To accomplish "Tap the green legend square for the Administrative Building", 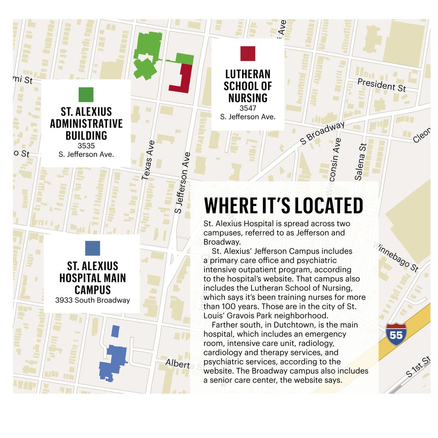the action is [x=86, y=95].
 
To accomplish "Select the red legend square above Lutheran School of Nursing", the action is [x=248, y=53].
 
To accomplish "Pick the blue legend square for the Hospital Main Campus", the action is [x=92, y=248].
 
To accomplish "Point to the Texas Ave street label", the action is [x=148, y=160].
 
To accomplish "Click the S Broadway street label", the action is [x=322, y=133].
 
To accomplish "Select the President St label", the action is [x=382, y=85].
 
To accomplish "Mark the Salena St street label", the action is [x=360, y=162].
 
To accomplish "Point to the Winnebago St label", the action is [x=396, y=258].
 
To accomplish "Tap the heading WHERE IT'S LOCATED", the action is [x=284, y=206].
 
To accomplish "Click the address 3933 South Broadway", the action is [x=92, y=300].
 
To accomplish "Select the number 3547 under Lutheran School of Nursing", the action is [x=248, y=108].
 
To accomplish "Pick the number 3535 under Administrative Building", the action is [x=86, y=146].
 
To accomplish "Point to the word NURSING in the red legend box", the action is [x=248, y=98].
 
